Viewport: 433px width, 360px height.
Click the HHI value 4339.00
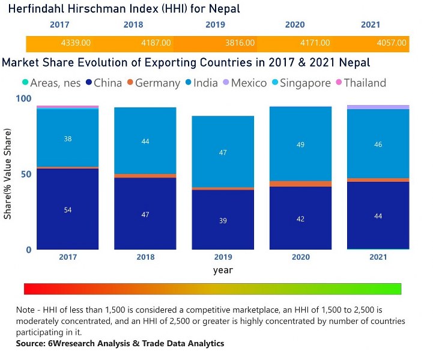click(76, 43)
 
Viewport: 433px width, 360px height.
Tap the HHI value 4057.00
click(391, 43)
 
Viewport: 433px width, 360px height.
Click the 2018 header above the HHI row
click(133, 25)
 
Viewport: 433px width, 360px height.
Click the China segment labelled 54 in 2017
click(68, 209)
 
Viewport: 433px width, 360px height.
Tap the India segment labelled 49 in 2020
click(300, 144)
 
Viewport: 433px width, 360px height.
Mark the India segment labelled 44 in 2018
click(145, 141)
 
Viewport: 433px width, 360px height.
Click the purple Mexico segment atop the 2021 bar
click(378, 107)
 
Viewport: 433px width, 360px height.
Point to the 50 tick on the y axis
click(25, 174)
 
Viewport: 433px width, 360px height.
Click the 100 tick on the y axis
click(22, 98)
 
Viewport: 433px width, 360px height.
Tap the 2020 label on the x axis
click(300, 257)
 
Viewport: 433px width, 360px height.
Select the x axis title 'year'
click(223, 270)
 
